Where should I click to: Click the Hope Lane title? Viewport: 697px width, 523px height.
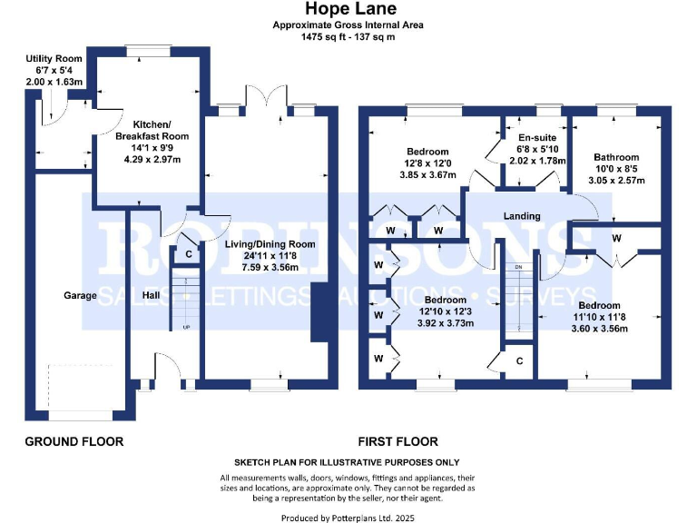(348, 11)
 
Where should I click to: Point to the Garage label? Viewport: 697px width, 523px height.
(80, 295)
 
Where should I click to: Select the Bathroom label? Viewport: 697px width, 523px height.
(616, 157)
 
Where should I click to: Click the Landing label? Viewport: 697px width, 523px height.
(522, 216)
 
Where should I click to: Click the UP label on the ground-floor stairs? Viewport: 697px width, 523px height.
(187, 327)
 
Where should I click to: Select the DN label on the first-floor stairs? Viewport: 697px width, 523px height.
(519, 267)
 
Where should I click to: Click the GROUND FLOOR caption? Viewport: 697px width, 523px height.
(74, 441)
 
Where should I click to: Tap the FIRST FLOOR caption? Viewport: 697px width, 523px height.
(398, 441)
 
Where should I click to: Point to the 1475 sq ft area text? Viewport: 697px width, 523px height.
(348, 37)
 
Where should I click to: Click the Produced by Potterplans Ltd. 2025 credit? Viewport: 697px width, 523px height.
(348, 518)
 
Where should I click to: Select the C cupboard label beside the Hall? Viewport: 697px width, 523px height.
(189, 254)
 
